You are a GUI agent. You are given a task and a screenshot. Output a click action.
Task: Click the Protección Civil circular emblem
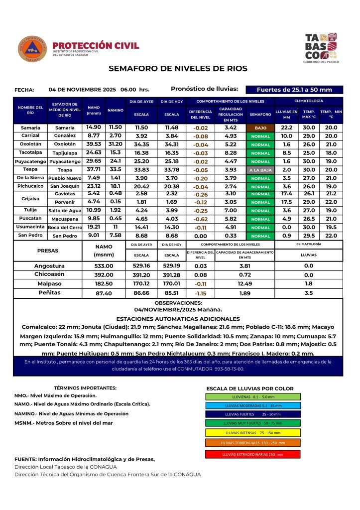coord(33,49)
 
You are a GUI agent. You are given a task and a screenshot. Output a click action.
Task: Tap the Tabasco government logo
coord(321,48)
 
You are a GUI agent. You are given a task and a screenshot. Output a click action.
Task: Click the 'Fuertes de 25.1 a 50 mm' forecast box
coord(294,90)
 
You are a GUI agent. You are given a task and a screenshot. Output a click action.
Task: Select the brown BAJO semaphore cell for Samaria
coord(260,127)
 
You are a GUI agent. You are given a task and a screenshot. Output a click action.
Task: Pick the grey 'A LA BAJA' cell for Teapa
coord(260,170)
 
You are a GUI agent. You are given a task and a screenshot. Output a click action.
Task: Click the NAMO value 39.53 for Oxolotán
coord(94,144)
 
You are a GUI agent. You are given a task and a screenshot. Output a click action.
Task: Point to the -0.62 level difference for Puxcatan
coord(201,219)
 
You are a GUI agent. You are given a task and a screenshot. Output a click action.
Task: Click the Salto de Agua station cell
coord(65,211)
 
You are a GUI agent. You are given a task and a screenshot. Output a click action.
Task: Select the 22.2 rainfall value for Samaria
coord(286,127)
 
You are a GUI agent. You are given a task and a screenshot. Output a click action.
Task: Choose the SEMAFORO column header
coord(260,114)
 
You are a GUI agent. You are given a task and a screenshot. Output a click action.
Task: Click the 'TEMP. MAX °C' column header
coord(309,114)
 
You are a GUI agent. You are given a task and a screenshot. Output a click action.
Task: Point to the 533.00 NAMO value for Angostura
coord(104,266)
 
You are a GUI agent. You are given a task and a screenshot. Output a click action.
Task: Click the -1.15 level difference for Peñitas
coord(201,293)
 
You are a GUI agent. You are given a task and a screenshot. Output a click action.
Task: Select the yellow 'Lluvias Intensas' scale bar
coord(252,432)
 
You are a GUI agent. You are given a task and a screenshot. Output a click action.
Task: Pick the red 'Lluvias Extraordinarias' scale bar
coord(252,454)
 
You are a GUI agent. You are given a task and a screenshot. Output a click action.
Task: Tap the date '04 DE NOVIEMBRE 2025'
coord(82,90)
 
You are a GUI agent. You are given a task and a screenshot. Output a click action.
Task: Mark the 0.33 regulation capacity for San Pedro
coord(231,236)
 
